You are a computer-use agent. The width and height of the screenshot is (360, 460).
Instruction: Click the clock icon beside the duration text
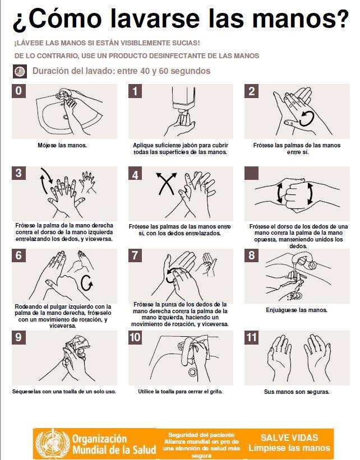(x=20, y=72)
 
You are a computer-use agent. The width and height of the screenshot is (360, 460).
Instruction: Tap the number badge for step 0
(x=19, y=91)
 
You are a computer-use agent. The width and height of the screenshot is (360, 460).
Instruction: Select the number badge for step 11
(x=252, y=337)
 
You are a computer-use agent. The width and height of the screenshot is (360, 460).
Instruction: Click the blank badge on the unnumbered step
(x=252, y=173)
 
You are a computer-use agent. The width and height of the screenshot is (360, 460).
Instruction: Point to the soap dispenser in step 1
(x=184, y=99)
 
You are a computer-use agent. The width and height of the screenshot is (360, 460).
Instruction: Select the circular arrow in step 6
(x=87, y=283)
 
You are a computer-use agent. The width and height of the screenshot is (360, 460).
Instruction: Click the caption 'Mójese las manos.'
(x=62, y=145)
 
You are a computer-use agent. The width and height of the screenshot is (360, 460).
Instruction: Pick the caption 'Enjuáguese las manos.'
(x=297, y=310)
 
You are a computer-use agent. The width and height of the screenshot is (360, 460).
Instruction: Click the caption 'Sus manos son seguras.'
(x=297, y=392)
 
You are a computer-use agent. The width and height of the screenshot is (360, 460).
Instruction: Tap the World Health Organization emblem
(x=53, y=444)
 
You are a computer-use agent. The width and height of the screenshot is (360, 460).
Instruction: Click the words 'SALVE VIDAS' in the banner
(x=289, y=438)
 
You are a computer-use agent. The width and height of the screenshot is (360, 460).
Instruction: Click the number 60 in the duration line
(x=163, y=71)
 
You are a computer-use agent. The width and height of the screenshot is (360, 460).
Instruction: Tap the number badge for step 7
(x=135, y=255)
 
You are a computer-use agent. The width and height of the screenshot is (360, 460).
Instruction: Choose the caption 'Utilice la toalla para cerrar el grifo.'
(x=181, y=392)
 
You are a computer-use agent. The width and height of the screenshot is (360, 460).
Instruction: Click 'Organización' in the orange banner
(x=100, y=439)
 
